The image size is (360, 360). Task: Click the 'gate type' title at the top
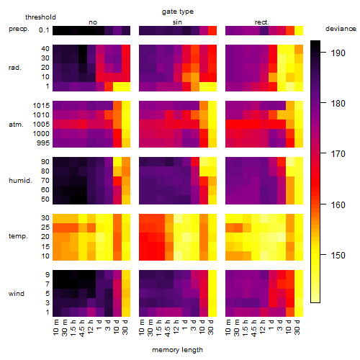[178, 12]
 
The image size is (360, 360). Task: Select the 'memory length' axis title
[177, 350]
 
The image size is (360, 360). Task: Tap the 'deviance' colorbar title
[341, 29]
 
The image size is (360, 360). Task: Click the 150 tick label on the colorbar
[338, 255]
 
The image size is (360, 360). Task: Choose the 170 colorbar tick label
[338, 153]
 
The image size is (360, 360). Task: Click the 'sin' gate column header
[177, 22]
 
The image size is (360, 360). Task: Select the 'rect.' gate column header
[261, 22]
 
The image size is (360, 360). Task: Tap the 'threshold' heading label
[40, 17]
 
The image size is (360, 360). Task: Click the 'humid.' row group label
[20, 181]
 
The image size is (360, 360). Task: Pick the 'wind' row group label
[17, 294]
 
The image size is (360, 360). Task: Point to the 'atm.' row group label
[16, 125]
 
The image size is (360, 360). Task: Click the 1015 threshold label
[41, 106]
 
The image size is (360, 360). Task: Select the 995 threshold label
[43, 143]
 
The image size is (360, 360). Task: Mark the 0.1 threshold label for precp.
[44, 30]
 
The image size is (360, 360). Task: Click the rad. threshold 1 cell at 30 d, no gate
[126, 86]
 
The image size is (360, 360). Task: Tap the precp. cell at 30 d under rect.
[299, 31]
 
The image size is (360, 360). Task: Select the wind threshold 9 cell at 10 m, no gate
[57, 275]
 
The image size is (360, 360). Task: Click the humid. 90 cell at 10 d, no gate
[117, 162]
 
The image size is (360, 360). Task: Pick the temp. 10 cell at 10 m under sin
[143, 256]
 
